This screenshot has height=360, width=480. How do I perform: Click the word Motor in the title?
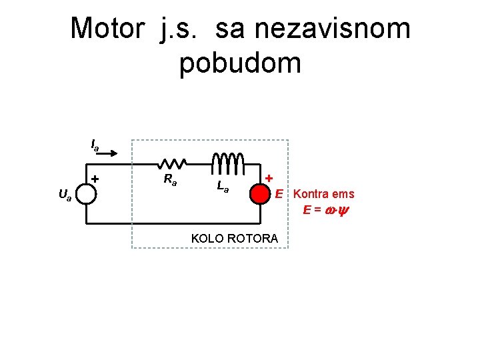pyautogui.click(x=106, y=29)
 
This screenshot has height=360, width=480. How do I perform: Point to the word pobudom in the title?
pyautogui.click(x=240, y=63)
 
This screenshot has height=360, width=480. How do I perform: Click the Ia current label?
pyautogui.click(x=95, y=144)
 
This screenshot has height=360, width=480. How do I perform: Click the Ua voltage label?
pyautogui.click(x=65, y=195)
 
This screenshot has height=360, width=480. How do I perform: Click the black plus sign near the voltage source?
pyautogui.click(x=95, y=179)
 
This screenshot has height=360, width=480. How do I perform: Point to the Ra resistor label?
pyautogui.click(x=171, y=179)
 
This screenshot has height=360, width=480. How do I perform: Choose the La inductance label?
pyautogui.click(x=223, y=187)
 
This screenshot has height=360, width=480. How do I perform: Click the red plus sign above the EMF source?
pyautogui.click(x=269, y=178)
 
